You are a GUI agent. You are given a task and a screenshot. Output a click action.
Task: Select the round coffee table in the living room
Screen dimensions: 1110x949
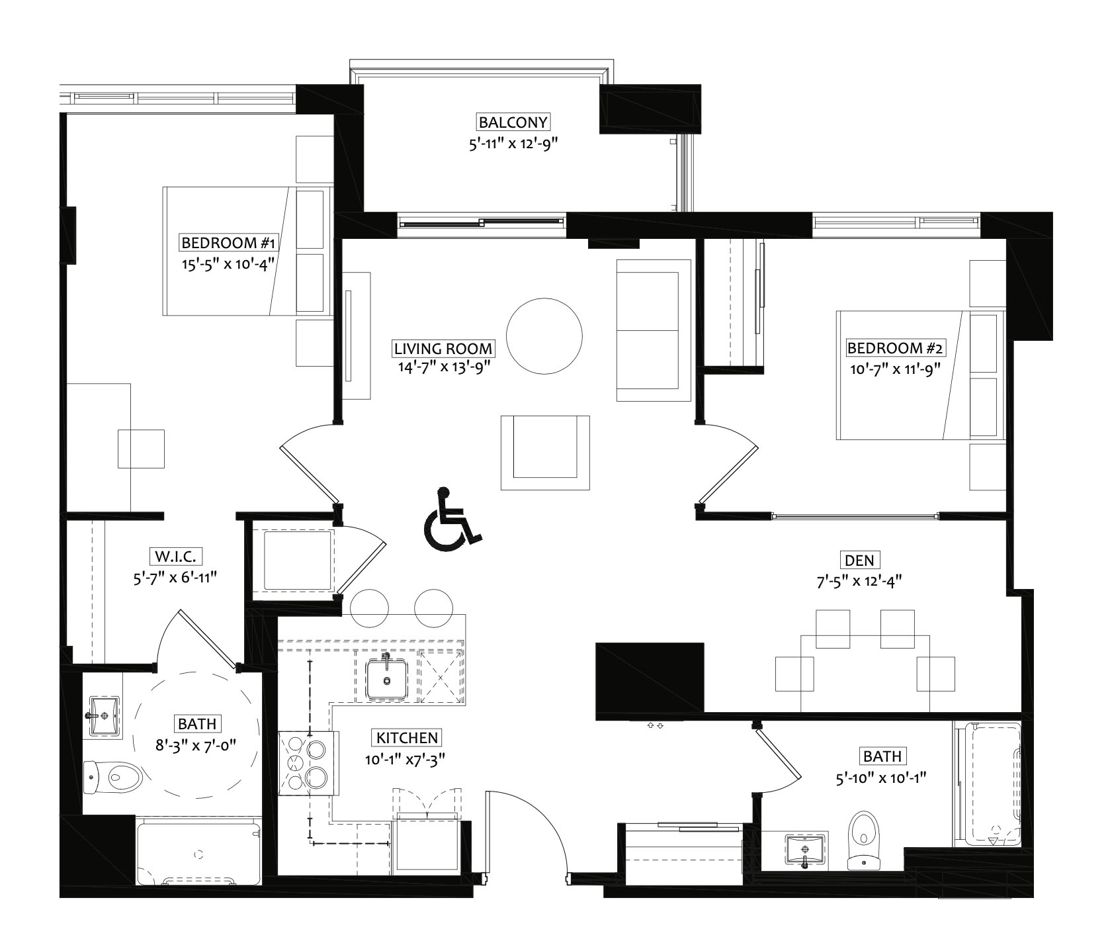[x=544, y=336]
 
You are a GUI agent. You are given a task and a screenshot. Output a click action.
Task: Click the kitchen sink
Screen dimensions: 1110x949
[x=386, y=677]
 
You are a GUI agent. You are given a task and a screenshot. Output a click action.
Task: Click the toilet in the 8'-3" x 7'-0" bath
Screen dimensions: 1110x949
[x=114, y=776]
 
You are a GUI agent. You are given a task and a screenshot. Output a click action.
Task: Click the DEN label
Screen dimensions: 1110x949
[x=859, y=561]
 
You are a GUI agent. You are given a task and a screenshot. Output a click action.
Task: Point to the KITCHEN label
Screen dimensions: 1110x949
[x=407, y=738]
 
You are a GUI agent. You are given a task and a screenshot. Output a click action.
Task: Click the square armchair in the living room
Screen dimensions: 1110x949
[x=545, y=453]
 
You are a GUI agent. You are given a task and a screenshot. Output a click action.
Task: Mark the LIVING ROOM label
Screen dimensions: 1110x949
[x=443, y=348]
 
